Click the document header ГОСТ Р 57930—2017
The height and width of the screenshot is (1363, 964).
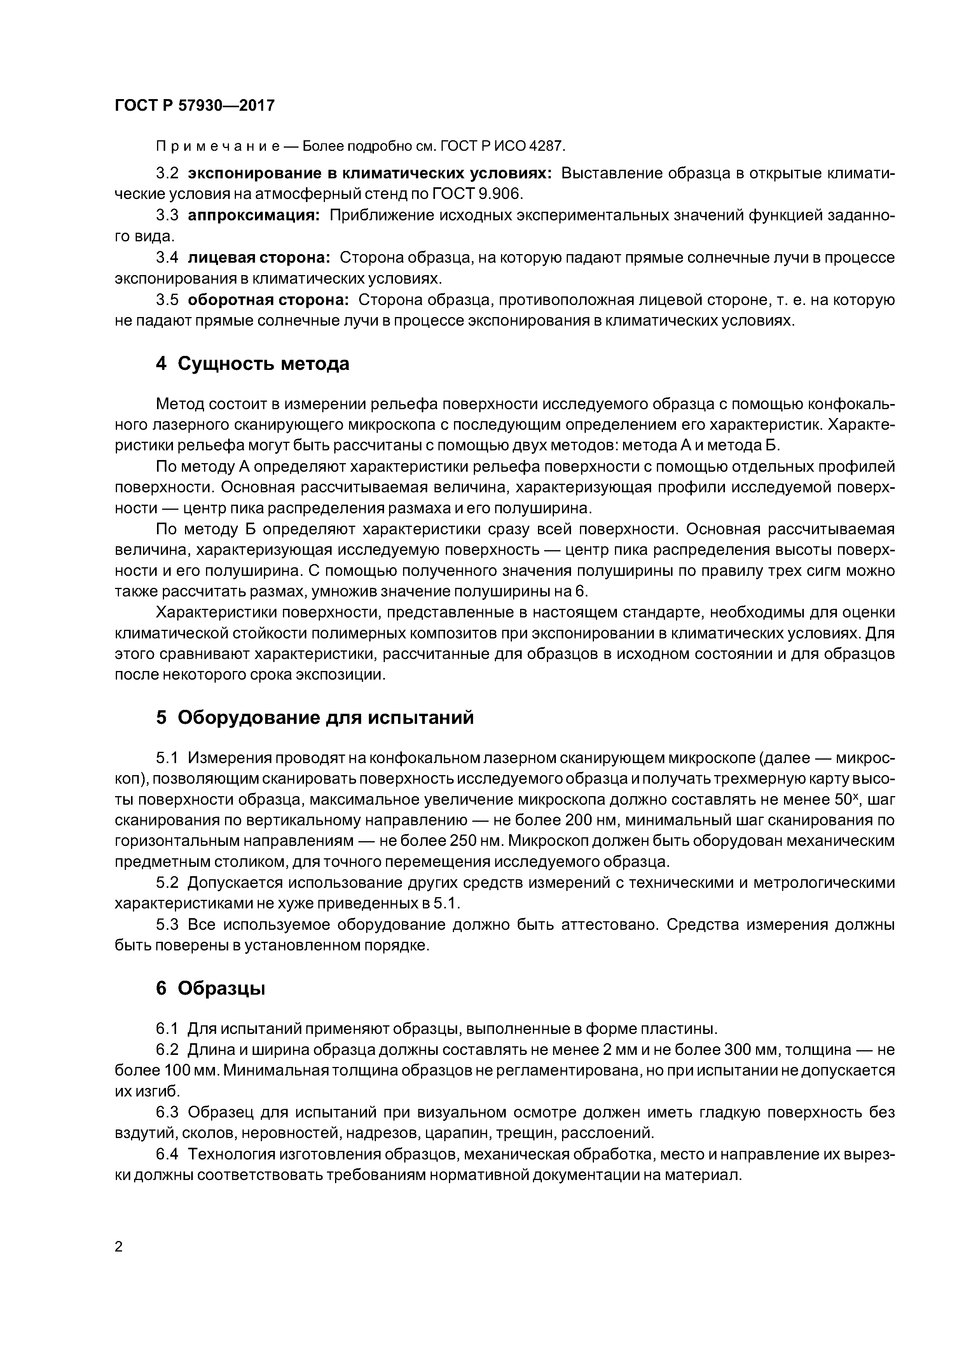[x=194, y=106]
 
